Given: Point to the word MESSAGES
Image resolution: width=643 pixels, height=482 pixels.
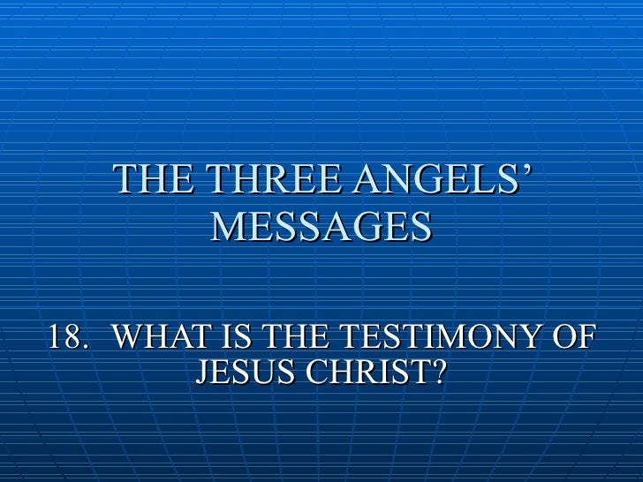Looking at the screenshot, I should coord(321,227).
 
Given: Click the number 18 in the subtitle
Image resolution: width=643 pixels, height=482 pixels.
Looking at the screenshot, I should coord(64,337).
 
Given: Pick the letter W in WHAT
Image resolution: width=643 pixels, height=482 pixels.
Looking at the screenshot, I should coord(132,337).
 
